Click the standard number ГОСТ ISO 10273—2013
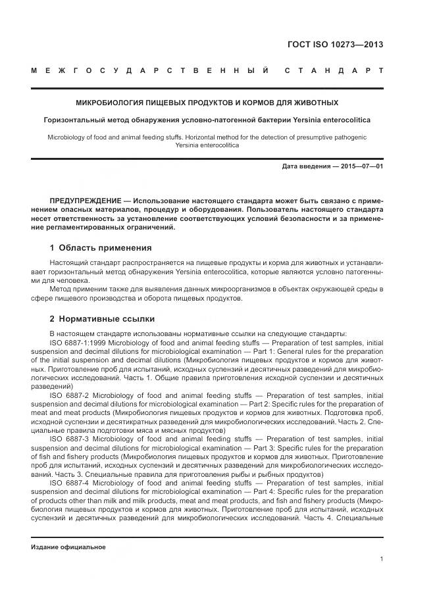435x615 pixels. point(335,45)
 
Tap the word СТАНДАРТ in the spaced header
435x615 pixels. point(334,70)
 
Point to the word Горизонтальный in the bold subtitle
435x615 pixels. point(74,120)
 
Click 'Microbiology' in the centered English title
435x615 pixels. point(68,137)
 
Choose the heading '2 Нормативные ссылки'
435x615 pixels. point(102,319)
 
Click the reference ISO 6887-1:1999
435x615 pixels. point(76,343)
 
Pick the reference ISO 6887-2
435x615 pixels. point(69,395)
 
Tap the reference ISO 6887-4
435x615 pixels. point(69,482)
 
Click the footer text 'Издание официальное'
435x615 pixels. point(68,547)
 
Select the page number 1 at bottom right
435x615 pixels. point(382,559)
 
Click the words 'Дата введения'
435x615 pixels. point(306,166)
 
